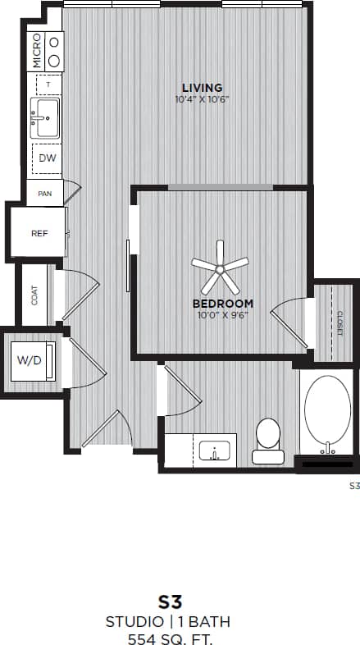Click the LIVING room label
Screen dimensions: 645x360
[x=202, y=88]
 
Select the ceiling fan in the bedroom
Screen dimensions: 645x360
[x=220, y=268]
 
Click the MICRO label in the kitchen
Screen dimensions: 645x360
[x=36, y=51]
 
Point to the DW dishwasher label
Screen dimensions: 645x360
[x=47, y=158]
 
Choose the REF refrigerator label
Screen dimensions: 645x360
[x=39, y=233]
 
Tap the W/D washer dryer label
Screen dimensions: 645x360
[x=30, y=359]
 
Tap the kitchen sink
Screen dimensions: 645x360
[x=43, y=117]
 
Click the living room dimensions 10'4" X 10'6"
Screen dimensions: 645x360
[x=202, y=100]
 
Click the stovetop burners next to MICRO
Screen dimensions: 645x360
[x=54, y=51]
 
